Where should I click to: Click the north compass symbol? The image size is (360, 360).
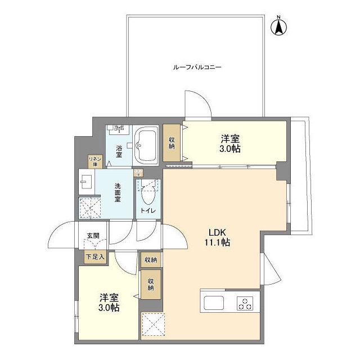278,26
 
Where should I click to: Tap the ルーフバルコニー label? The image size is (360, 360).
197,67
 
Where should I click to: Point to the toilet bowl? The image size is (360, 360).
148,195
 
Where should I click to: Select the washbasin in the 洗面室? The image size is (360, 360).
87,181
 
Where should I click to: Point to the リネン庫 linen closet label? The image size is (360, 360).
94,161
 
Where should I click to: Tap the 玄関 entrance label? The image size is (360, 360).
92,236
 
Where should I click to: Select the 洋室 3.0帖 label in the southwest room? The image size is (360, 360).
110,302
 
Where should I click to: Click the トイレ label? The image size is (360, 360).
148,210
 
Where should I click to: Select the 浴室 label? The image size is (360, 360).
119,151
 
